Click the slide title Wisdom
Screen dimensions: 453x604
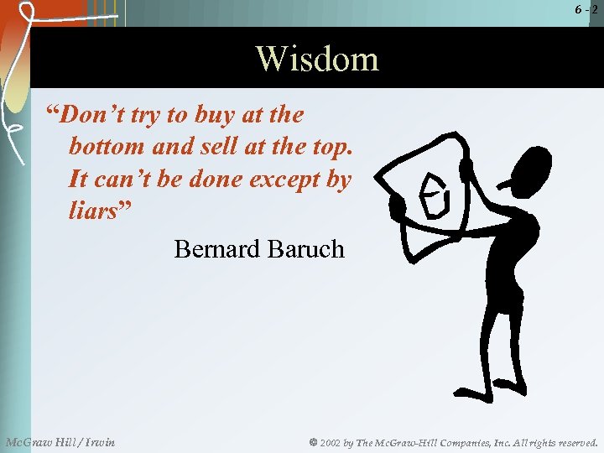(317, 59)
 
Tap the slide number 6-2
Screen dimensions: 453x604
(586, 9)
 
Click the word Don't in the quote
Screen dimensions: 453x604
(94, 114)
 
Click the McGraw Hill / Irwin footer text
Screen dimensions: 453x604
(60, 442)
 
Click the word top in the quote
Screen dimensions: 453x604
(333, 147)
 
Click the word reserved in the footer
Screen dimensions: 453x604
(574, 442)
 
